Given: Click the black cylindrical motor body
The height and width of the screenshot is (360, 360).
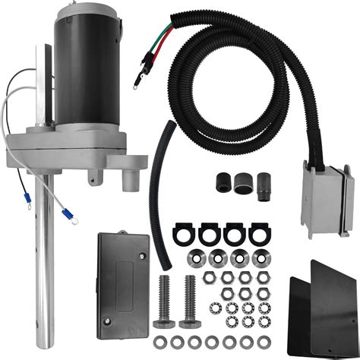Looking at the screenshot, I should (x=85, y=76).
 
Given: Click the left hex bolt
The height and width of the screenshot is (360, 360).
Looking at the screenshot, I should (x=166, y=303).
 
